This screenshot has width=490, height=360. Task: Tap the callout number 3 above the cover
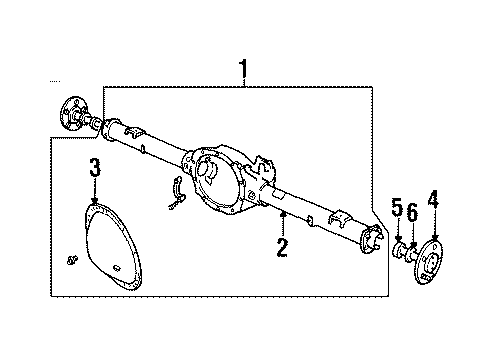point(93,166)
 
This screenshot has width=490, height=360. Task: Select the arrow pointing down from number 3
point(93,195)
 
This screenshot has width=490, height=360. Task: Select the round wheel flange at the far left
point(73,112)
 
